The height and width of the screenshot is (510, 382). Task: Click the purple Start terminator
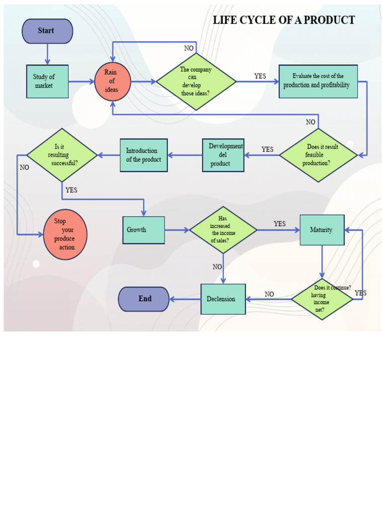click(x=47, y=31)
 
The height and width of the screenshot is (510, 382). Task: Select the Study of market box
click(x=47, y=81)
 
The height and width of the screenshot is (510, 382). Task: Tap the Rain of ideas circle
click(x=113, y=81)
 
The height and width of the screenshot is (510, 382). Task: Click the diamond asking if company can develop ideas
click(x=196, y=81)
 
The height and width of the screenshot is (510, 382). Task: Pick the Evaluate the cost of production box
click(x=318, y=81)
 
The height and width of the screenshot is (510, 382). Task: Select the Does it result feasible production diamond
click(x=318, y=155)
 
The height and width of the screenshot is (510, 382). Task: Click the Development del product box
click(x=223, y=155)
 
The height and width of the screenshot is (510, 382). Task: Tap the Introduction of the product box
click(x=144, y=155)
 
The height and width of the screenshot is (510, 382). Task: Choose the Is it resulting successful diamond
click(x=62, y=155)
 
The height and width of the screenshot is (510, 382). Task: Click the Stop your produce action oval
click(x=65, y=234)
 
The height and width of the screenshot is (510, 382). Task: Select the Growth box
click(x=143, y=230)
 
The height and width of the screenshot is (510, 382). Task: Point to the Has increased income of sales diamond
click(x=223, y=230)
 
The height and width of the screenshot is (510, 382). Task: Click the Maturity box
click(x=322, y=230)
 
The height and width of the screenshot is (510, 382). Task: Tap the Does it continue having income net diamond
click(x=322, y=299)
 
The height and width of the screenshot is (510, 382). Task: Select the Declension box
click(x=223, y=299)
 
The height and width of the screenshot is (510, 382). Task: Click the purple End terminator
click(x=144, y=299)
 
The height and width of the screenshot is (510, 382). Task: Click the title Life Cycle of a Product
click(x=284, y=20)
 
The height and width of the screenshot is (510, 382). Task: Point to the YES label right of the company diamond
click(x=260, y=76)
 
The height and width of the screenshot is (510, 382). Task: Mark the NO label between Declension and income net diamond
click(x=269, y=294)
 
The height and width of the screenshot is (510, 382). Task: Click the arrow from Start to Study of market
click(x=47, y=54)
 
